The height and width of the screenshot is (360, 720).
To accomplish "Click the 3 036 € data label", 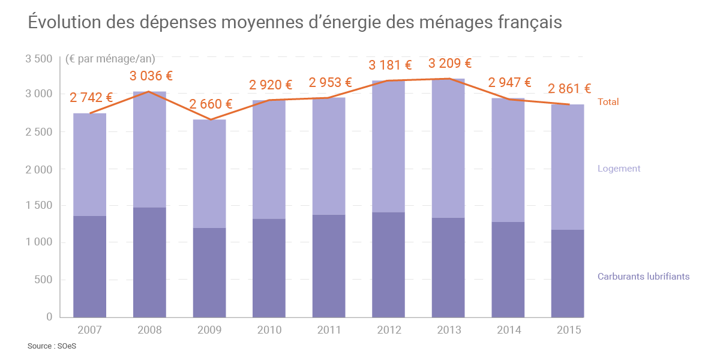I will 151,76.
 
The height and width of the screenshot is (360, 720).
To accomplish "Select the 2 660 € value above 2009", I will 211,104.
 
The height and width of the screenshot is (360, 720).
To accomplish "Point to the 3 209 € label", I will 449,64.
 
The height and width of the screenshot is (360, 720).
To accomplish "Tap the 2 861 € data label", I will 569,89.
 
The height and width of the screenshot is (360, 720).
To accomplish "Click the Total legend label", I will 608,102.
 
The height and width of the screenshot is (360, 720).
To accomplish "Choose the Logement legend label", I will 619,169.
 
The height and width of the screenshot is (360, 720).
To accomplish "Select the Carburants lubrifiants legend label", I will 643,277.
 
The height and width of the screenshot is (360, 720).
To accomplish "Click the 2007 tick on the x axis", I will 90,330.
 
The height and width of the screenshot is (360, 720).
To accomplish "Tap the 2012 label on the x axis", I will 389,330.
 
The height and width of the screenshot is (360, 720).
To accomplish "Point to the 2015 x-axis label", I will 568,330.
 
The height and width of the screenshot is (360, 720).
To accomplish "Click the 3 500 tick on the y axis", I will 39,59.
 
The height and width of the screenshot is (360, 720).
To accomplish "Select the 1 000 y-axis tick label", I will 39,242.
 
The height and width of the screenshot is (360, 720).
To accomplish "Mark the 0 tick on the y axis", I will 50,317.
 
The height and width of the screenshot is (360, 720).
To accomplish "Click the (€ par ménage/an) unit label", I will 110,59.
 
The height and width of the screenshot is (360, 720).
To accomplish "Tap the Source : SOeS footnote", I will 52,346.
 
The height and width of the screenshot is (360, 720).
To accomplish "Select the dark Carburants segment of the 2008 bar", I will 149,262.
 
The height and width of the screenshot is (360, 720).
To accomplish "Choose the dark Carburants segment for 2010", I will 269,268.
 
